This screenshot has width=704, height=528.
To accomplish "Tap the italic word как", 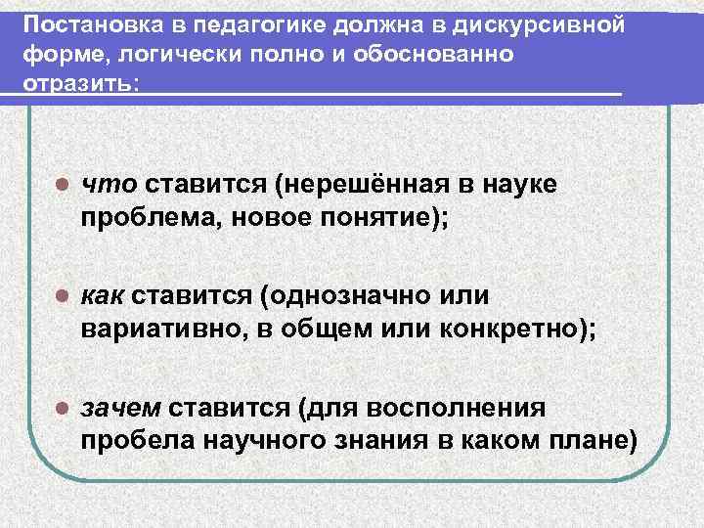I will click(106, 296).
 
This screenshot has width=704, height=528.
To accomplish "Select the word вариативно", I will click(161, 329).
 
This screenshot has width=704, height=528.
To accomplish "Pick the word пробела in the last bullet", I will click(135, 439).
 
